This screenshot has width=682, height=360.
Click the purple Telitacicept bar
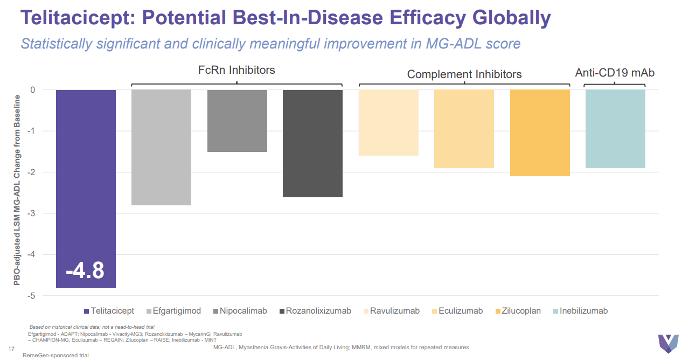tap(86, 172)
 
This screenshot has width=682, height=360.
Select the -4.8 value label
tap(85, 270)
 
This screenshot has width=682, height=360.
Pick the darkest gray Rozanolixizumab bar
tap(312, 143)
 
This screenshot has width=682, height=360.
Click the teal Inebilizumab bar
tap(615, 129)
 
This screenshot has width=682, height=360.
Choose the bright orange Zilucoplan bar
tap(539, 133)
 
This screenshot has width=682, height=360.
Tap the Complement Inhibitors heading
tap(464, 74)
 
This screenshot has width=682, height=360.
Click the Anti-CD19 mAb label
tap(615, 72)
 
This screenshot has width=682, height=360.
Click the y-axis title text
tap(17, 190)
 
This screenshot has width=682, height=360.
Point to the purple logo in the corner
tap(667, 343)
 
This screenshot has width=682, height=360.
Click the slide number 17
tap(11, 347)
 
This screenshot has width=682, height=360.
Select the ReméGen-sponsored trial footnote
tap(55, 355)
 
